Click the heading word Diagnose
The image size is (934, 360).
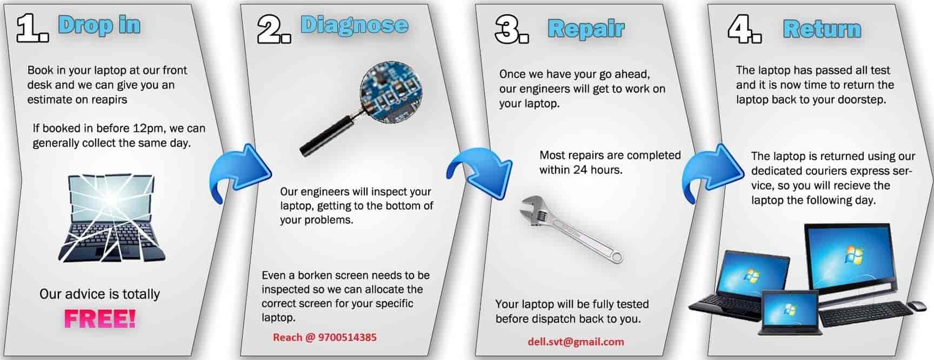pos(354,25)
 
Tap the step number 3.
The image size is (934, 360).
pos(511,29)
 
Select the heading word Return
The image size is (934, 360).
pos(822,29)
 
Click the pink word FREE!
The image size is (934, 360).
pos(100,318)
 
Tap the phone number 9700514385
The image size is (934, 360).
pos(348,337)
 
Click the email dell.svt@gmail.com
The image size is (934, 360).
pos(576,342)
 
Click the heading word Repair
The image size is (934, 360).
pos(586,29)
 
